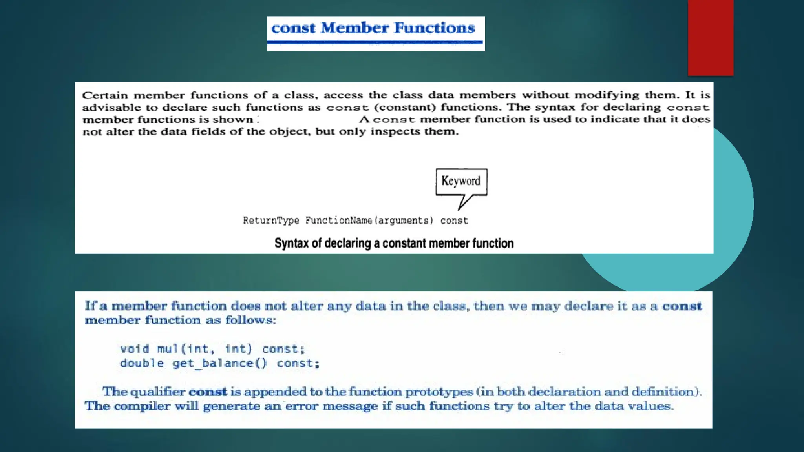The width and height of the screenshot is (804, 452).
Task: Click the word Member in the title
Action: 354,28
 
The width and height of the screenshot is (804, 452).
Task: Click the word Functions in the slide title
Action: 434,28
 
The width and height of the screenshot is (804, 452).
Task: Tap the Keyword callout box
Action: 461,181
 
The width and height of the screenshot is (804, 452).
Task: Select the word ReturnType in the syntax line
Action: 271,221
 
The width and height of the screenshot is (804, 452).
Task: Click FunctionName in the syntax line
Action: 339,221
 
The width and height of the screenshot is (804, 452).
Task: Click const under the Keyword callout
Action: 454,221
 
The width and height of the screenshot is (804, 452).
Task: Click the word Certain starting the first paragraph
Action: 105,95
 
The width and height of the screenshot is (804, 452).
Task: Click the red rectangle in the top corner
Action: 710,37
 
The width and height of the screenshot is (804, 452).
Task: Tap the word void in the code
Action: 135,349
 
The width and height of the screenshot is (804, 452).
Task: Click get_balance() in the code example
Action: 219,363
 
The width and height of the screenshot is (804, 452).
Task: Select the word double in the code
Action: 142,363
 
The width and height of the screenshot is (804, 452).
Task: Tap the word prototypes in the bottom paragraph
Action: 439,392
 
